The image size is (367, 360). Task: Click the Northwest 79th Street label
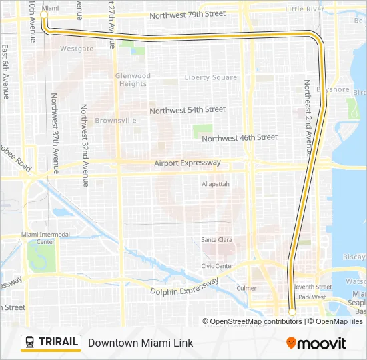[x=188, y=14]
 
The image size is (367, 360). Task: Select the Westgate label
[x=77, y=49]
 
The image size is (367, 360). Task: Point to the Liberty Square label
[x=210, y=77]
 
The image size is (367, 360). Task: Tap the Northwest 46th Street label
[x=239, y=137]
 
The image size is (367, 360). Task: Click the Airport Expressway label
[x=187, y=163]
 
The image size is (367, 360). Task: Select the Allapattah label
[x=216, y=183]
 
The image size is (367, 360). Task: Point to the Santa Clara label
[x=217, y=240]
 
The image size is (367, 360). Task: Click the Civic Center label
[x=218, y=266]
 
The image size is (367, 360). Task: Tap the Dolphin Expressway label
[x=184, y=286]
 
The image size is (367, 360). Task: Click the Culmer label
[x=246, y=288]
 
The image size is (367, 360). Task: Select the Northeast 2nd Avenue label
[x=308, y=116]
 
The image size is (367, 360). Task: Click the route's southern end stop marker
[x=292, y=311]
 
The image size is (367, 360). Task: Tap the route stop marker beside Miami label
[x=45, y=14]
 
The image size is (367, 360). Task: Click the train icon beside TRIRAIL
[x=30, y=343]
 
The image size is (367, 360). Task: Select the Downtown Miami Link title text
[x=140, y=343]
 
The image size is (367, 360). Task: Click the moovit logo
[x=316, y=343]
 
